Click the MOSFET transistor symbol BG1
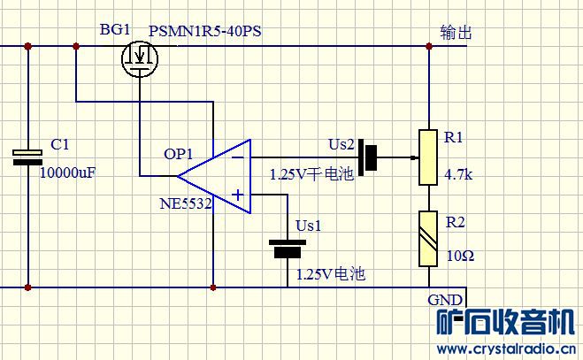coord(140,58)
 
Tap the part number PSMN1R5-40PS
coord(205,31)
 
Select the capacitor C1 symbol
coord(27,157)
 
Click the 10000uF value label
coord(67,172)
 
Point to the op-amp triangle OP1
coord(214,176)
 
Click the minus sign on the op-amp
coord(238,157)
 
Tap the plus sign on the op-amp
coord(238,195)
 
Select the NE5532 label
coord(186,203)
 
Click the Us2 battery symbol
coord(368,157)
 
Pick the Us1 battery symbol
coord(288,249)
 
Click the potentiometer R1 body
coord(428,157)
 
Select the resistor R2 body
coord(428,239)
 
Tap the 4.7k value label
coord(458,174)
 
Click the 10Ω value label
coord(460,256)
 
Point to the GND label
coord(445,300)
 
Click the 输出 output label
coord(456,33)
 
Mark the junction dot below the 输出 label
coord(429,46)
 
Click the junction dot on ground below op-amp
coord(213,287)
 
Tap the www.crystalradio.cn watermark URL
coord(506,349)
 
